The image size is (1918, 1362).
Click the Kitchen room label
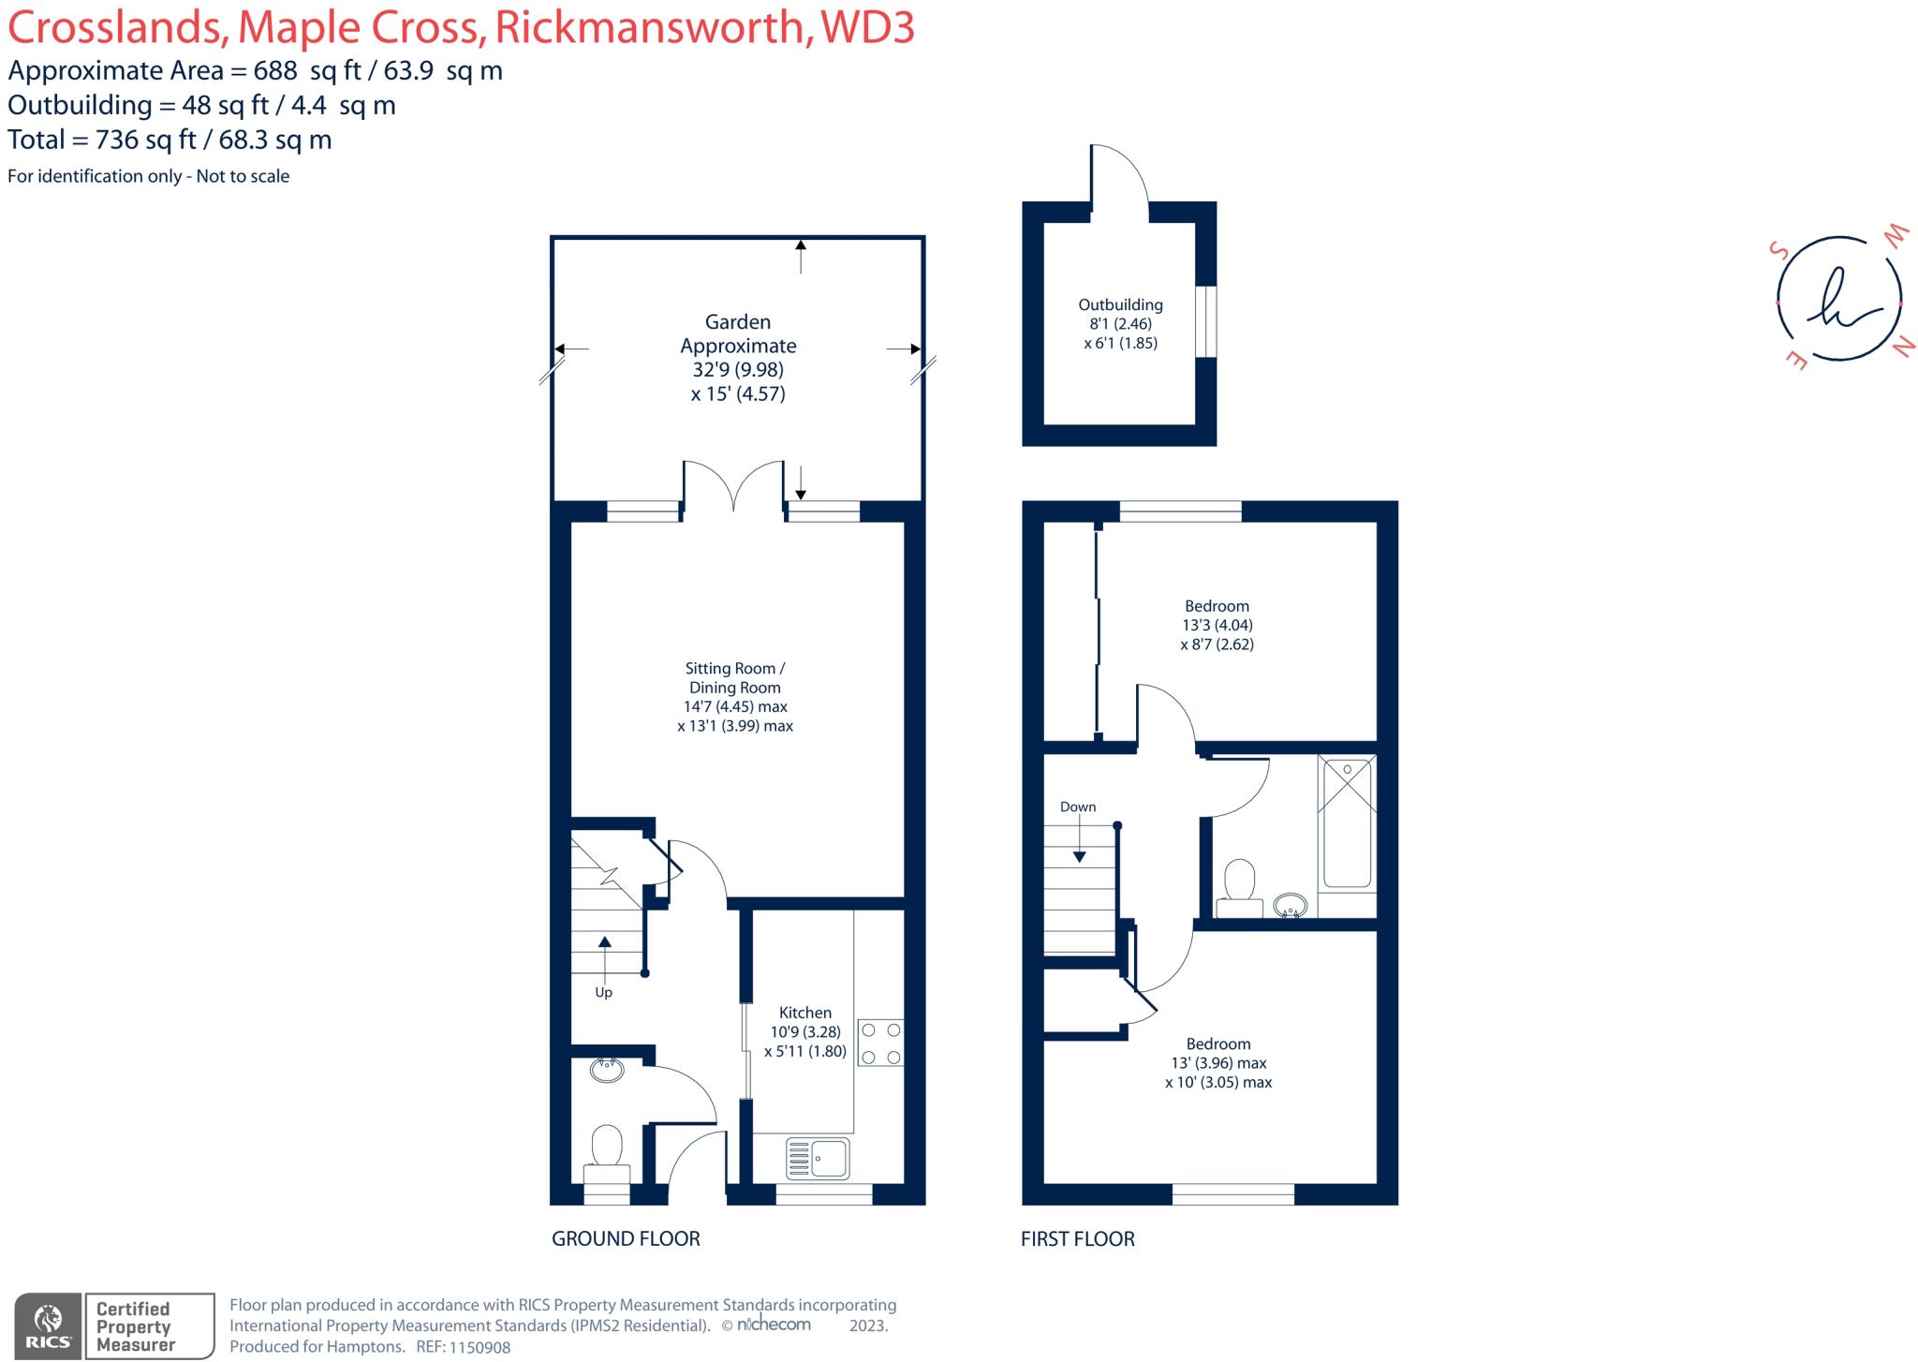click(x=804, y=1013)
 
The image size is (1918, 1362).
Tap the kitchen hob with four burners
click(x=880, y=1044)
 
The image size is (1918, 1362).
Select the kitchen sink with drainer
click(x=818, y=1158)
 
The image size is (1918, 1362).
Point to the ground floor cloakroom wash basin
click(x=608, y=1070)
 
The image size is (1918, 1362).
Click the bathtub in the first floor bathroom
click(x=1347, y=822)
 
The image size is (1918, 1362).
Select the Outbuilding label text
click(x=1120, y=304)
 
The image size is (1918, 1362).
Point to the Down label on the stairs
click(x=1078, y=807)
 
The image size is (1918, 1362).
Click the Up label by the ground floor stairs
click(x=603, y=992)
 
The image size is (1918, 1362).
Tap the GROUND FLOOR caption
click(x=626, y=1238)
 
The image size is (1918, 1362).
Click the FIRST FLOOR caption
click(x=1077, y=1238)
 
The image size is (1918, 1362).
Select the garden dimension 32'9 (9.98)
click(x=738, y=370)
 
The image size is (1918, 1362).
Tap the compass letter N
click(x=1904, y=348)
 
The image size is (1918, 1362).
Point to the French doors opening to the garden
click(x=733, y=487)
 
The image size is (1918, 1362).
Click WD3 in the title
click(x=866, y=28)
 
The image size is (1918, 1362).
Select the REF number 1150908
click(x=479, y=1347)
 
